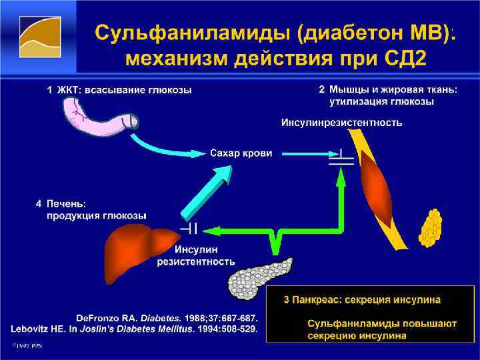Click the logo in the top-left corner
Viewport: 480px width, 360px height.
click(37, 36)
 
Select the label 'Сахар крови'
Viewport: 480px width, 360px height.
click(241, 153)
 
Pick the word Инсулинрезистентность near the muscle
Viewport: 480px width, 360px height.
click(341, 122)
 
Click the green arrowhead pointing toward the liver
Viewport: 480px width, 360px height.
click(210, 230)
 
